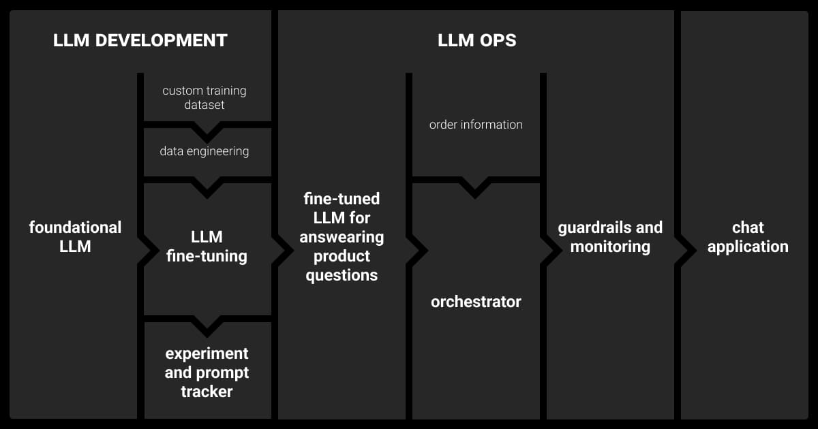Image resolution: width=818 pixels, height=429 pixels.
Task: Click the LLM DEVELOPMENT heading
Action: tap(140, 40)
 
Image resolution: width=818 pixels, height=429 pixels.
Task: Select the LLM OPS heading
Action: tap(476, 40)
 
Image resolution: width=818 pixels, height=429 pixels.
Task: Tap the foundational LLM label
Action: tap(75, 236)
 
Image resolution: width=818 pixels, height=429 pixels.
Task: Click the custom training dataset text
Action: tap(204, 97)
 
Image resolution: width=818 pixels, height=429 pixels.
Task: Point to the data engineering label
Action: tap(204, 151)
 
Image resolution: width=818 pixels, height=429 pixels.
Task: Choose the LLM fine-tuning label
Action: tap(207, 247)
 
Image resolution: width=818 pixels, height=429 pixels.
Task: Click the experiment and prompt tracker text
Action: tap(207, 372)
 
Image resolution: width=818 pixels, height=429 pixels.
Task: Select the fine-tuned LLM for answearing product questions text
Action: tap(342, 237)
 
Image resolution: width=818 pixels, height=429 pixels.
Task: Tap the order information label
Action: tap(476, 125)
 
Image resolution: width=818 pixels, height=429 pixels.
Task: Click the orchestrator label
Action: tap(476, 302)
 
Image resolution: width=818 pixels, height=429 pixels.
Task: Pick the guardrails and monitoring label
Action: tap(610, 236)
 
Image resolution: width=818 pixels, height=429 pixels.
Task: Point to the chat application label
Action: tap(748, 236)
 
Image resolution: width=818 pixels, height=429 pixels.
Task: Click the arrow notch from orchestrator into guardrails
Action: tap(549, 250)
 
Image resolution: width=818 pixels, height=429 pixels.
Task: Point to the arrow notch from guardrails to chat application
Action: tap(684, 250)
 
